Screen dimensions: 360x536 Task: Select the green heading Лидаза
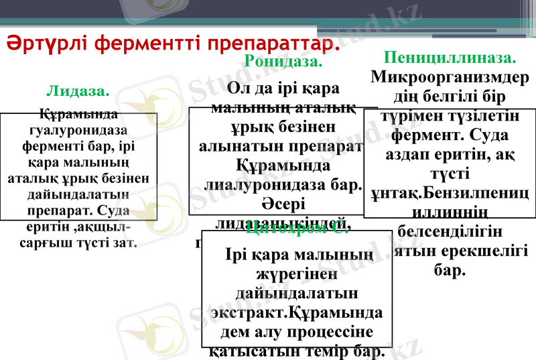coord(78,91)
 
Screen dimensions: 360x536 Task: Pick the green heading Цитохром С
coord(295,229)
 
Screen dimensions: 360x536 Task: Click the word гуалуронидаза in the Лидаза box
coord(79,129)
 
